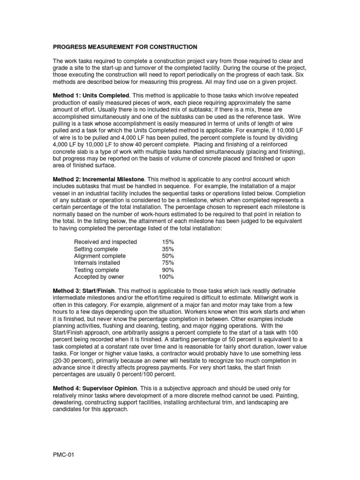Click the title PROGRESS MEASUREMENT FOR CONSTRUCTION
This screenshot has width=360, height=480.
point(125,47)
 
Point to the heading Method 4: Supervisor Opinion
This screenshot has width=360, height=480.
point(95,389)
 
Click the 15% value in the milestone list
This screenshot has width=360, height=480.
point(167,242)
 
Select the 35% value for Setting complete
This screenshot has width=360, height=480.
point(167,249)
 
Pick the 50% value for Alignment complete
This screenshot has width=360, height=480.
point(167,256)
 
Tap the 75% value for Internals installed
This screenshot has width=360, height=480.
point(167,263)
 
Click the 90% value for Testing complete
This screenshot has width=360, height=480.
point(167,270)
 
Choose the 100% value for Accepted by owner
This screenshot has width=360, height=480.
point(166,277)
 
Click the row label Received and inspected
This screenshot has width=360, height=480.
point(105,242)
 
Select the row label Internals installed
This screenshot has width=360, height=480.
point(97,263)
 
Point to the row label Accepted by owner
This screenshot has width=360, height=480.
point(98,277)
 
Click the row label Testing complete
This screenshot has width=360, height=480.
point(97,270)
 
